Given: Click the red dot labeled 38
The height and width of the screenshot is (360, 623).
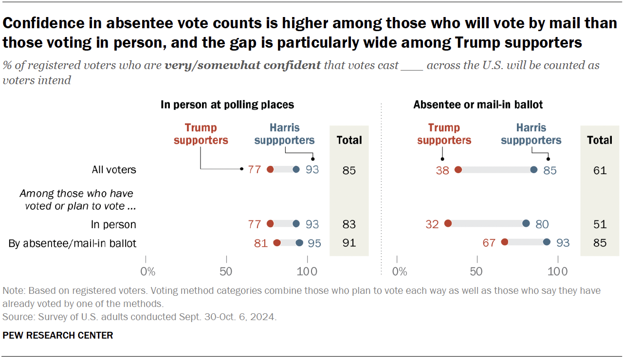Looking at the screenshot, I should point(458,170).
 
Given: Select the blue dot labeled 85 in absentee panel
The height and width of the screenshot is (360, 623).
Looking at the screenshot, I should point(533,170).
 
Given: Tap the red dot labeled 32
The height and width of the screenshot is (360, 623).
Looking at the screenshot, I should point(448,224).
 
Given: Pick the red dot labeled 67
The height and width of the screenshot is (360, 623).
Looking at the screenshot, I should point(505,242).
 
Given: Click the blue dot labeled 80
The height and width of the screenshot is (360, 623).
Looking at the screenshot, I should point(526,224).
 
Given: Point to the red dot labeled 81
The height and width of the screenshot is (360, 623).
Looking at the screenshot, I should point(277,242).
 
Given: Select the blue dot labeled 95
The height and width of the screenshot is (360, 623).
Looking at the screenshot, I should point(299,242).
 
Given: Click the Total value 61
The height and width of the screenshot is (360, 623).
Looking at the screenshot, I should point(600,170).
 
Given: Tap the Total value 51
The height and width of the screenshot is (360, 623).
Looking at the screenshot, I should point(600,224).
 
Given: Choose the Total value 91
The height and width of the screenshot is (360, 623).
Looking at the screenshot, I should point(349,243).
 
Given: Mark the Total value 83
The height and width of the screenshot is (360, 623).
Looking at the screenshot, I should point(349,224).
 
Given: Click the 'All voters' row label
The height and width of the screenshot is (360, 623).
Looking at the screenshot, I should point(114,170).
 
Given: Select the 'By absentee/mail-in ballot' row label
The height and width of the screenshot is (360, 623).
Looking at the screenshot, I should point(73,243).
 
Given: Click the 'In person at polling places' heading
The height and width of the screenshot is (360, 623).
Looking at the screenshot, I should point(227,105).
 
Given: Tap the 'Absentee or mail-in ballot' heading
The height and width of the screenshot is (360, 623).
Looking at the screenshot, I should point(478,105).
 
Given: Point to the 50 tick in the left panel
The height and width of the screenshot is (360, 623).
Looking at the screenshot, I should point(226,270).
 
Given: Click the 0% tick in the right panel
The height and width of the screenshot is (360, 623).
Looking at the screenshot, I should point(399,270).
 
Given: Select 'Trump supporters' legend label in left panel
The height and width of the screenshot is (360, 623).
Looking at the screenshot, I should point(201,134).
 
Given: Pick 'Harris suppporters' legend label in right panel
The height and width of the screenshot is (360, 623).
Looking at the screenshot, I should point(531,134).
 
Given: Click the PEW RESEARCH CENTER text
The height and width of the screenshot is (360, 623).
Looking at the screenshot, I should point(58,335).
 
